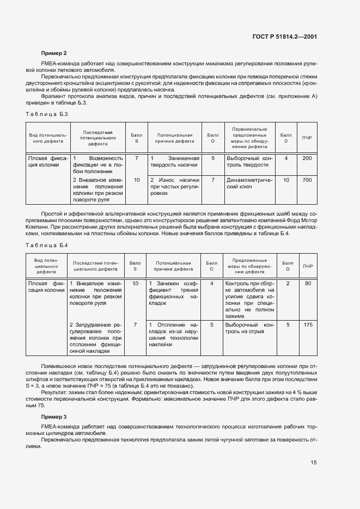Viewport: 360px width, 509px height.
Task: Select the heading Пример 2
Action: tap(54, 53)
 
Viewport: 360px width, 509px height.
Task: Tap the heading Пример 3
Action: tap(54, 416)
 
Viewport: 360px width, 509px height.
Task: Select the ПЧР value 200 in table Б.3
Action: tap(307, 158)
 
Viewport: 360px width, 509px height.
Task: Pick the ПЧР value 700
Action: tap(307, 180)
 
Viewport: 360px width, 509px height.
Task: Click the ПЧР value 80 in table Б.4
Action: tap(308, 284)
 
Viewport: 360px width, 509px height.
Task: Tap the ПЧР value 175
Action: tap(308, 324)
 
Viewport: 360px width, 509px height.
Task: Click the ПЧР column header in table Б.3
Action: tap(307, 138)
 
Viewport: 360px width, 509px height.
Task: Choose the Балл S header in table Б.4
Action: tap(136, 265)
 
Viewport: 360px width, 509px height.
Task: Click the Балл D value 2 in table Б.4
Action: tap(288, 284)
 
